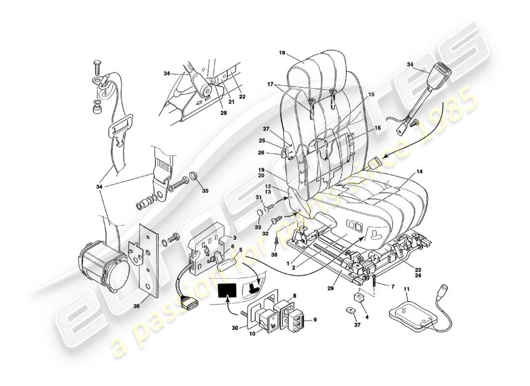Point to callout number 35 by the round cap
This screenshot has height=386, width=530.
click(205, 191)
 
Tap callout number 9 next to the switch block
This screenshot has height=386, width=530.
click(316, 319)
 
